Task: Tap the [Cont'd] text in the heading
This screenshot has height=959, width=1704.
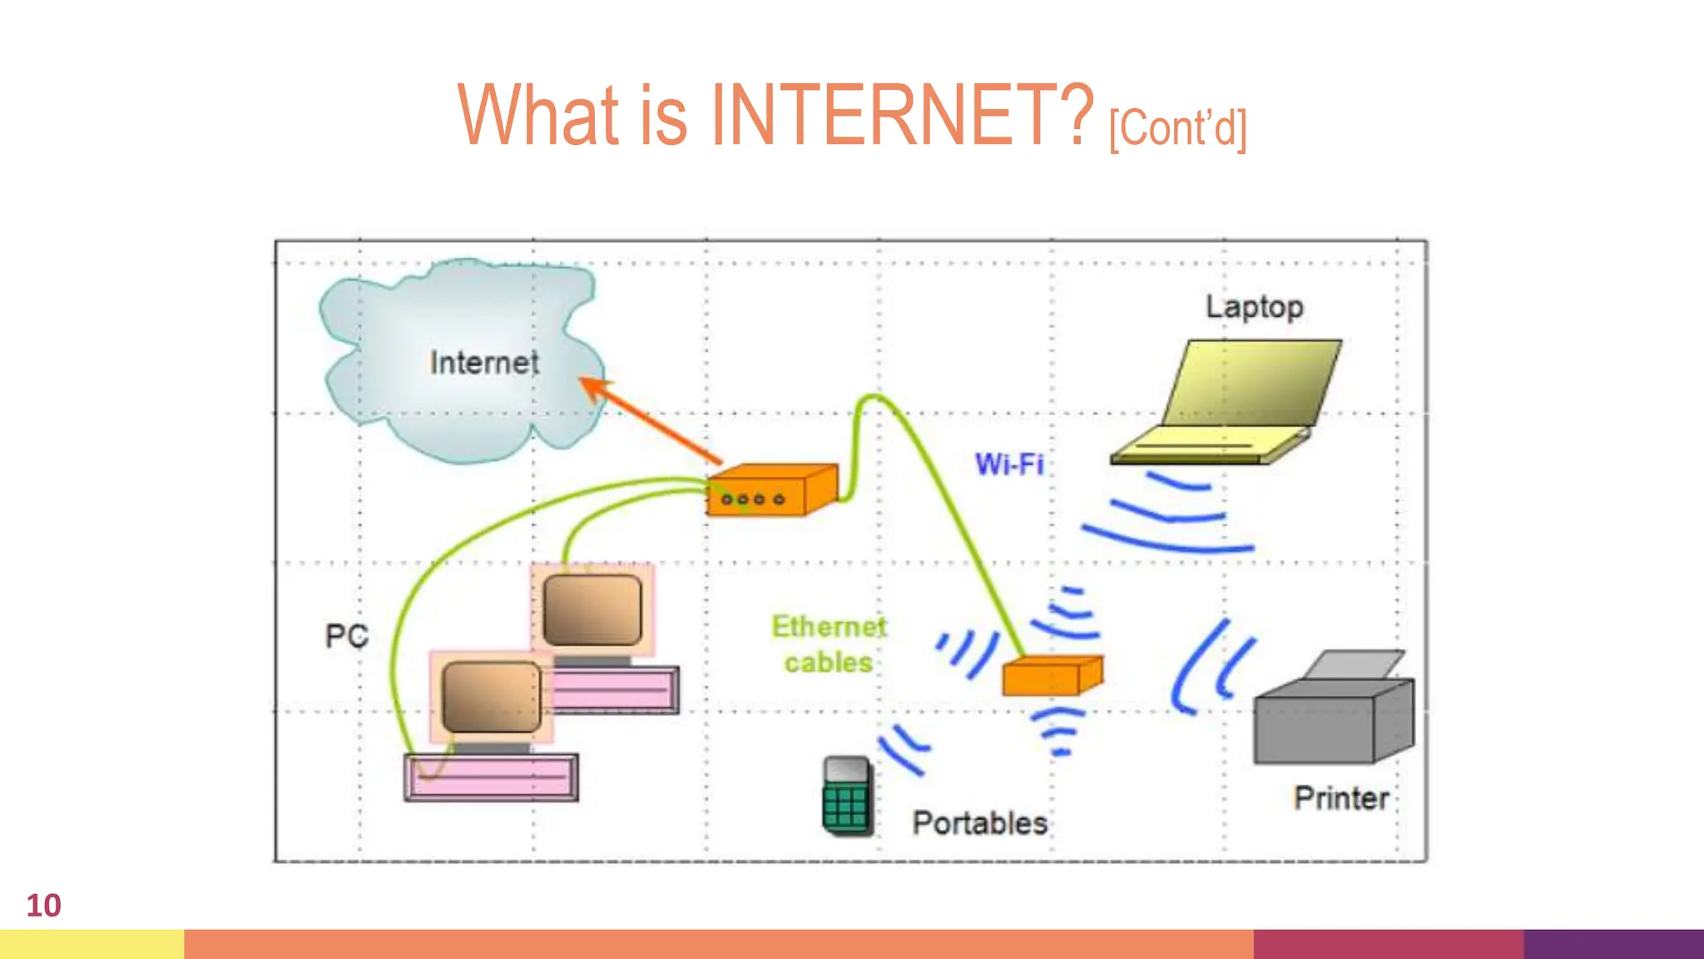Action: (x=1177, y=128)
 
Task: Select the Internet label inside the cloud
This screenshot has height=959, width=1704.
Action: (x=484, y=363)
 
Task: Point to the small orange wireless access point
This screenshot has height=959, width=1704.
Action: (x=1050, y=675)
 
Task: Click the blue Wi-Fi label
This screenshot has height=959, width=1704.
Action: (x=1008, y=464)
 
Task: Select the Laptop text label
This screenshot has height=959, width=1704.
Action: (x=1254, y=307)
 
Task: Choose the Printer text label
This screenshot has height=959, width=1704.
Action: (x=1340, y=798)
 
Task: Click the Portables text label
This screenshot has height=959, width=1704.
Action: (x=979, y=823)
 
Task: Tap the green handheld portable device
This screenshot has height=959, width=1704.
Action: (x=846, y=796)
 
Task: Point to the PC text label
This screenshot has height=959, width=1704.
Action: (x=346, y=636)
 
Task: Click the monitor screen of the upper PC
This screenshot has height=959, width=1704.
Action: (x=592, y=611)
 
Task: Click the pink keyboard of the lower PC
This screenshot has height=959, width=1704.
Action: (x=491, y=778)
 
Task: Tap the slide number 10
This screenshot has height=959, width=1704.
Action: (x=43, y=906)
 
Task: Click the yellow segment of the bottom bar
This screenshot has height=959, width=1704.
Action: (x=92, y=944)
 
